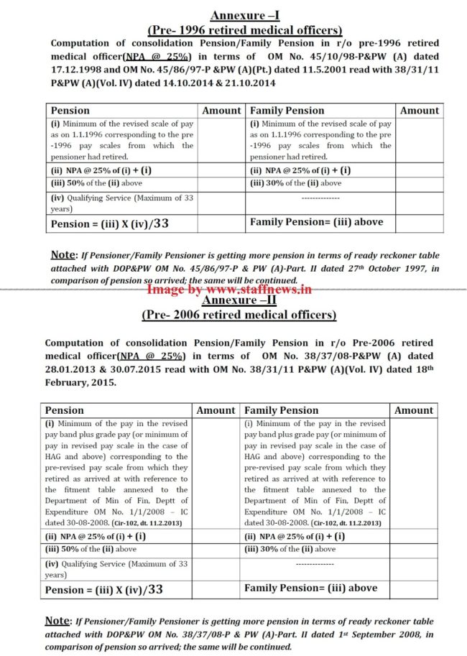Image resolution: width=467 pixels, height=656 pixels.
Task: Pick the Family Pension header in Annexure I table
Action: tap(287, 111)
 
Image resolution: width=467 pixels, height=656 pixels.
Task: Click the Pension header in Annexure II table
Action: tap(65, 410)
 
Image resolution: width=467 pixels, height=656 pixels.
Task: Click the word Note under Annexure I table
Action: tap(63, 255)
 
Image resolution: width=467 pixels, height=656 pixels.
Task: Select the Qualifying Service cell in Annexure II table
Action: tap(116, 570)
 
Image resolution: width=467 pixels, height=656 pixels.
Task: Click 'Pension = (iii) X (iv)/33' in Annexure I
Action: tap(110, 223)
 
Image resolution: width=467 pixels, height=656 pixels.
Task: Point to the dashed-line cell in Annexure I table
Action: tap(320, 198)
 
